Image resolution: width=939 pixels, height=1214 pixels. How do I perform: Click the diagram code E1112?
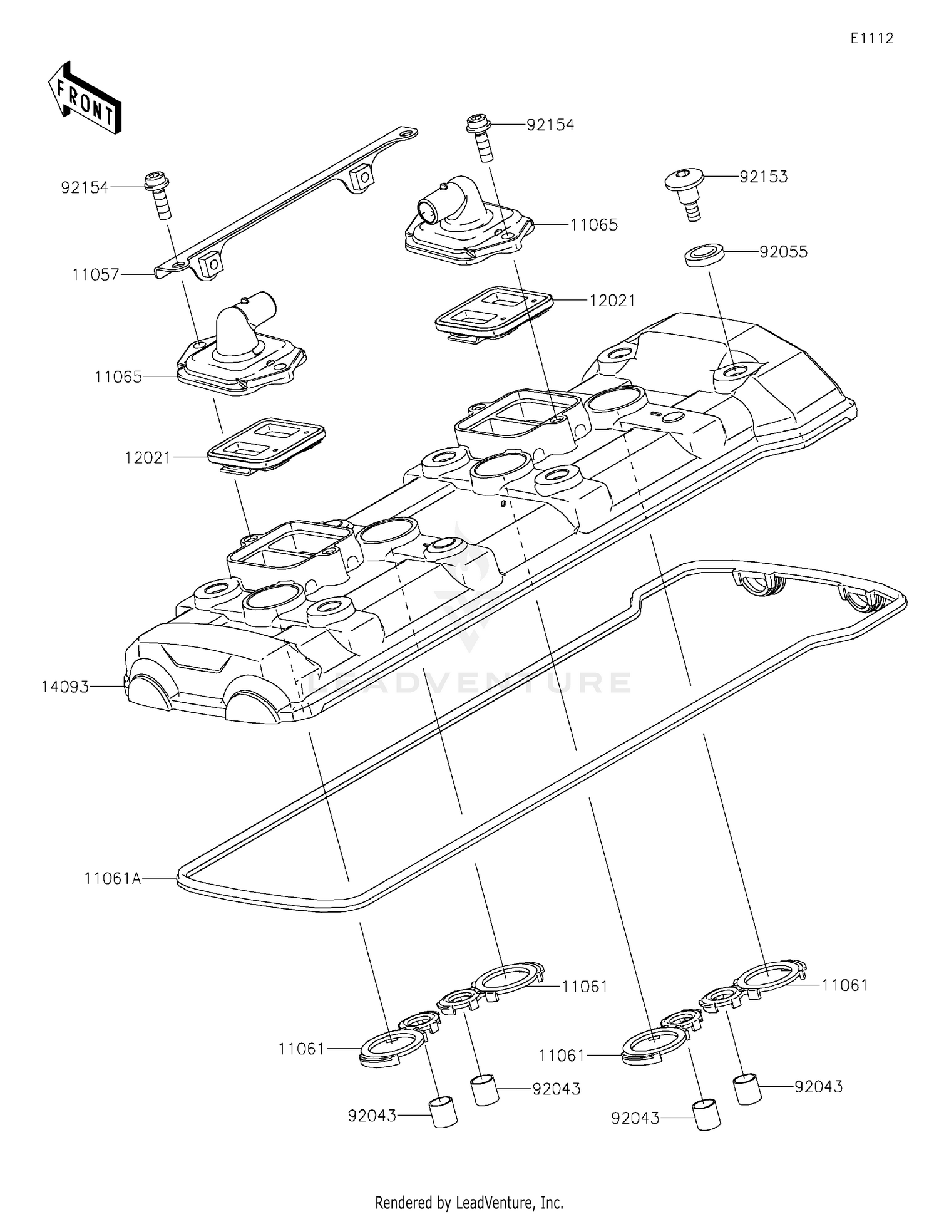pos(871,38)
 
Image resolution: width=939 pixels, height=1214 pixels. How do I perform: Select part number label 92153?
pos(763,177)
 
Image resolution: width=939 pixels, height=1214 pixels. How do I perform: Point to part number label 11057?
pos(95,274)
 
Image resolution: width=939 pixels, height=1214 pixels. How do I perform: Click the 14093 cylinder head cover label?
pos(65,687)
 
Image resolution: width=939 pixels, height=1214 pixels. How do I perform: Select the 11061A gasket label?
pos(113,879)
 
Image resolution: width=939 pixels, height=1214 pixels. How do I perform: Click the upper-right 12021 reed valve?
pos(495,313)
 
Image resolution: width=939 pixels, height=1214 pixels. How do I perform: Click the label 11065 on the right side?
pos(593,224)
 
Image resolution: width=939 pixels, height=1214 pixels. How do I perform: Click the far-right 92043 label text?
pos(818,1087)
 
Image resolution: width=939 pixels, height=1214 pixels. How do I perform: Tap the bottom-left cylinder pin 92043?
pos(443,1112)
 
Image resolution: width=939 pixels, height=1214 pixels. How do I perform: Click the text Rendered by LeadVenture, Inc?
pos(469,1202)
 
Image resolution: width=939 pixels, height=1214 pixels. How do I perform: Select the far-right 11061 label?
pos(844,985)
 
